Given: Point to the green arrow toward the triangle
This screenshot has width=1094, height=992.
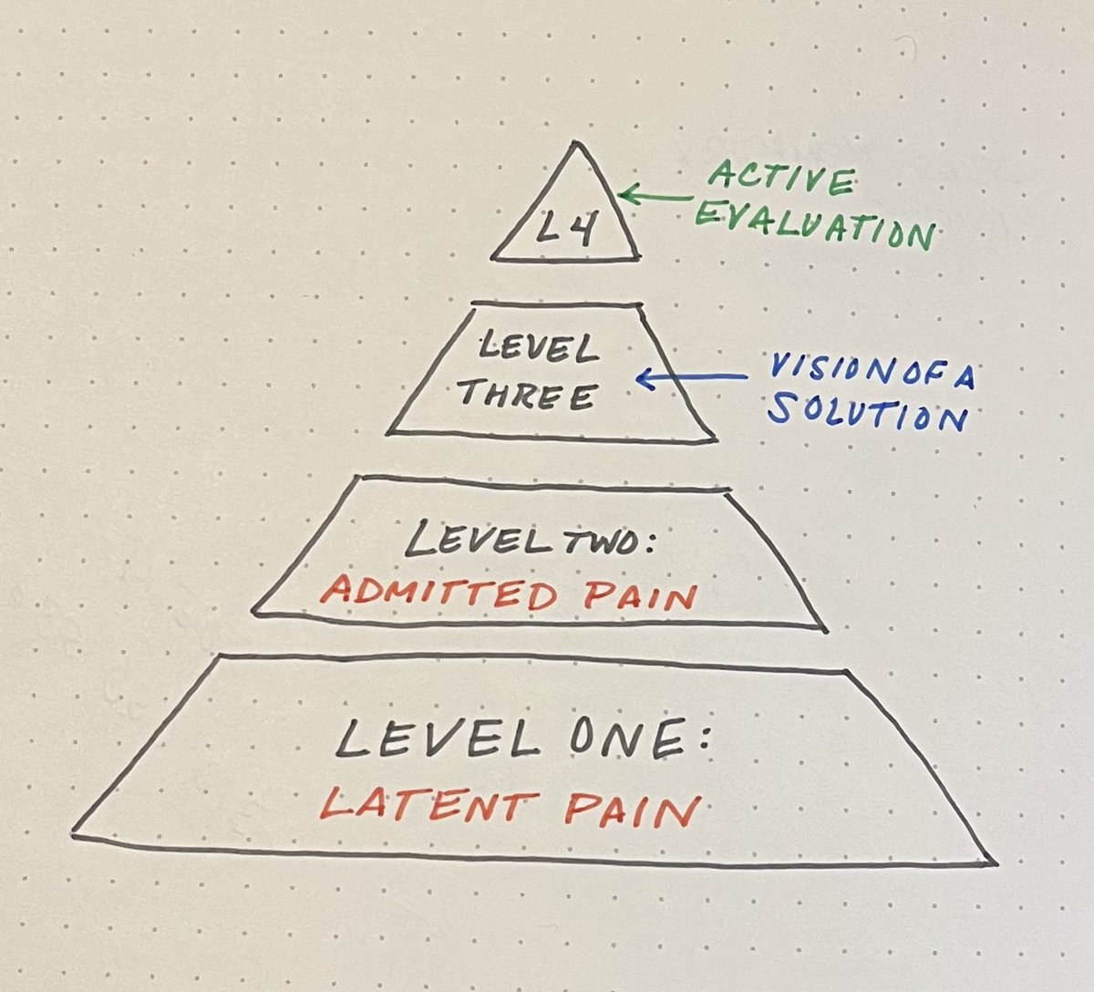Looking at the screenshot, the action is [656, 195].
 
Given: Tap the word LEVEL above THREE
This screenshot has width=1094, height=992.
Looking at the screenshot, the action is [537, 348].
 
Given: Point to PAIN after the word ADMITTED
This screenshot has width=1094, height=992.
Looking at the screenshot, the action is [638, 596].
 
